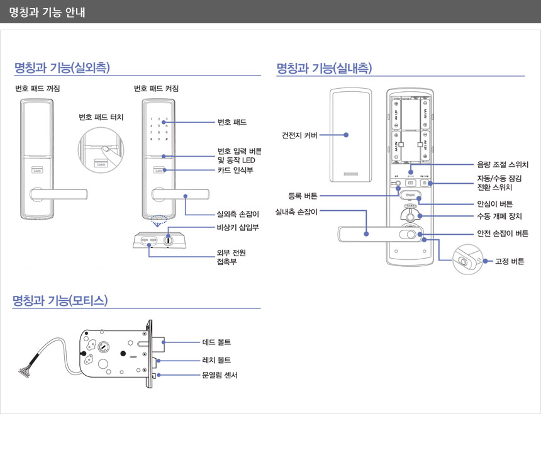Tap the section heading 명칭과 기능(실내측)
[324, 67]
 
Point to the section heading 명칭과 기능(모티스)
[60, 300]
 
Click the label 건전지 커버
[299, 135]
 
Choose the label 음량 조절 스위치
[503, 164]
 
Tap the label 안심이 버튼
[494, 204]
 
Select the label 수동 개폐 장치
[499, 217]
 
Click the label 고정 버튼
[509, 261]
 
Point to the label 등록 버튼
[303, 196]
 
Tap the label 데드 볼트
[216, 342]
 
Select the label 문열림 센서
[220, 375]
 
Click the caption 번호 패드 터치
[101, 117]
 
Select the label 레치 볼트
[216, 360]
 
